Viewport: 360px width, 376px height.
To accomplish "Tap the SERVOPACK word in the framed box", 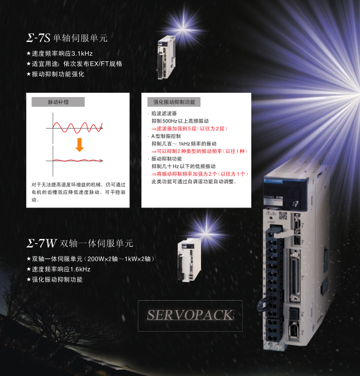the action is (x=191, y=315).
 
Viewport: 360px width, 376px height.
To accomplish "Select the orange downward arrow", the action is (x=80, y=145).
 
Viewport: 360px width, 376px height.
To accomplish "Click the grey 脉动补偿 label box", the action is (x=58, y=102).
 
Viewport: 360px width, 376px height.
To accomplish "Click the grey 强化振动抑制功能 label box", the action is (x=174, y=102).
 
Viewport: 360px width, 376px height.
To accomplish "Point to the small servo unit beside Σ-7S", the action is (x=166, y=58).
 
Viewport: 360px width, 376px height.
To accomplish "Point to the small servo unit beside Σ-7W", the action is (x=189, y=260).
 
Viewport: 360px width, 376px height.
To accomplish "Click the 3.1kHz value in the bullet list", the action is (x=82, y=53).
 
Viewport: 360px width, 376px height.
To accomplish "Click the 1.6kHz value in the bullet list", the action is (x=80, y=269).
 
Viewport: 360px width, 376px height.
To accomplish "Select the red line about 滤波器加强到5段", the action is (x=189, y=129).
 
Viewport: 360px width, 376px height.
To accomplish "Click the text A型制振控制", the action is (x=166, y=136).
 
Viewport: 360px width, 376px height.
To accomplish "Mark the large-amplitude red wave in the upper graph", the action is (x=78, y=127).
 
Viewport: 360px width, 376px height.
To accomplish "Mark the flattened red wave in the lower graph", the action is (x=77, y=160).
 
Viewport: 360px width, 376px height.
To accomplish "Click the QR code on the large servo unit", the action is (x=283, y=216).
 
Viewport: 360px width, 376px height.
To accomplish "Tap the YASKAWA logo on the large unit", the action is (x=274, y=181).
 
